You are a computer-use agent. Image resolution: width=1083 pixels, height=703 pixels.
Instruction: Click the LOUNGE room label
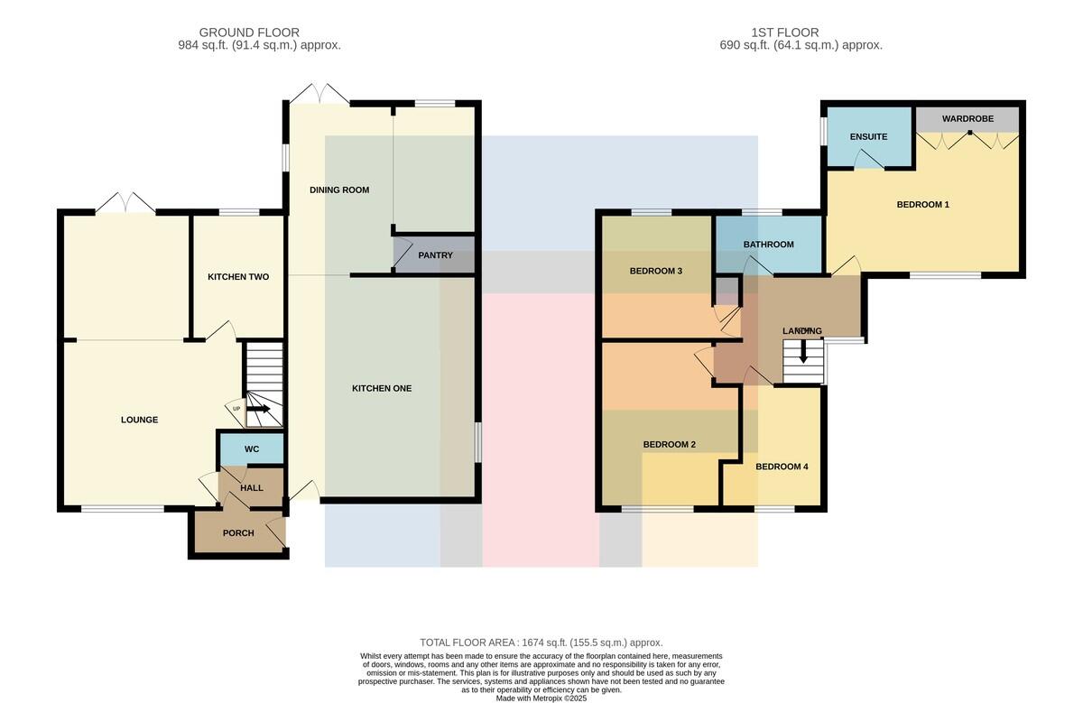pyautogui.click(x=139, y=420)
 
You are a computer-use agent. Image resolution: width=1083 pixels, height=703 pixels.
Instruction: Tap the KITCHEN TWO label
pyautogui.click(x=238, y=276)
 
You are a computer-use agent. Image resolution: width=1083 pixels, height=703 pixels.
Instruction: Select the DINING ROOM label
pyautogui.click(x=339, y=190)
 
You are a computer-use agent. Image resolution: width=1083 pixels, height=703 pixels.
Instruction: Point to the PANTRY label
pyautogui.click(x=435, y=255)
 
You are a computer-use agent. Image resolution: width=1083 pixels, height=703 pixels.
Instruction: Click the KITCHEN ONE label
pyautogui.click(x=382, y=388)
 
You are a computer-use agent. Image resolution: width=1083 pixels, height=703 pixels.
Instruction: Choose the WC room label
pyautogui.click(x=252, y=449)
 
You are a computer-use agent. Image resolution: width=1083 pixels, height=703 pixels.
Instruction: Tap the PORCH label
pyautogui.click(x=238, y=532)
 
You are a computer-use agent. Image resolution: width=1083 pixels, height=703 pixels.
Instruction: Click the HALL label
pyautogui.click(x=252, y=488)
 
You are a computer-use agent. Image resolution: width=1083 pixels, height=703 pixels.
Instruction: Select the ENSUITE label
pyautogui.click(x=868, y=137)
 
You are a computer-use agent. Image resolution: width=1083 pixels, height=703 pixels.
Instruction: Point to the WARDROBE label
pyautogui.click(x=967, y=118)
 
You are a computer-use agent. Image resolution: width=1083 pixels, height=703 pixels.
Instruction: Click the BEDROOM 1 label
pyautogui.click(x=923, y=205)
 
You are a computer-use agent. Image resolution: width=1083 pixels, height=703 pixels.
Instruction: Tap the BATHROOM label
pyautogui.click(x=768, y=245)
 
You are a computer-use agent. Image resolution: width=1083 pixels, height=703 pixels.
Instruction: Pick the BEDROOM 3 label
pyautogui.click(x=655, y=272)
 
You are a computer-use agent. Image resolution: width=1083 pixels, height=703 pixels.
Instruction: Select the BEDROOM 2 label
pyautogui.click(x=669, y=444)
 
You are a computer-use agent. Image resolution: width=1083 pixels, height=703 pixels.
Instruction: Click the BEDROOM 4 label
pyautogui.click(x=782, y=467)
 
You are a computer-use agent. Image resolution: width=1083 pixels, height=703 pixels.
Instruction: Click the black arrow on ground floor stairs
pyautogui.click(x=259, y=409)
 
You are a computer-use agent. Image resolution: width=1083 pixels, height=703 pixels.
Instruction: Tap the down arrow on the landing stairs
pyautogui.click(x=803, y=352)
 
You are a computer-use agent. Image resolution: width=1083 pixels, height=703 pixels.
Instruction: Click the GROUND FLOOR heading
pyautogui.click(x=249, y=32)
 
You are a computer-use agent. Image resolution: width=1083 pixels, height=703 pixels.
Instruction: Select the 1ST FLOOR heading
pyautogui.click(x=785, y=32)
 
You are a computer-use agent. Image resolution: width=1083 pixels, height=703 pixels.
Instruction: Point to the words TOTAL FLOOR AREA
pyautogui.click(x=467, y=643)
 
